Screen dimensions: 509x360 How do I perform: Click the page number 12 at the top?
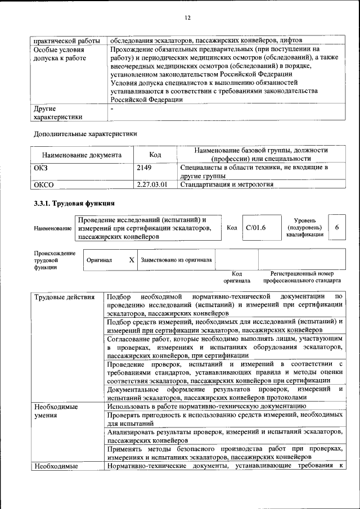(188, 18)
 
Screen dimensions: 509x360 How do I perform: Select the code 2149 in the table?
(144, 168)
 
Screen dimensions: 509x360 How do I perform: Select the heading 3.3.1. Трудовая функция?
(74, 203)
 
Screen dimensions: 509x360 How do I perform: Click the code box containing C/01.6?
(255, 227)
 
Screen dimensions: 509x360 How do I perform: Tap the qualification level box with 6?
(336, 227)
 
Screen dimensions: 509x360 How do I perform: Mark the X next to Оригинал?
(131, 260)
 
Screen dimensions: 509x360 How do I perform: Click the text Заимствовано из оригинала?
(176, 260)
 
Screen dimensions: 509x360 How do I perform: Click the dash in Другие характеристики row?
(112, 108)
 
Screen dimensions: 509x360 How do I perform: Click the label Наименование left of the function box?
(53, 228)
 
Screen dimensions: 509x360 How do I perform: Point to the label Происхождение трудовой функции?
(54, 260)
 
